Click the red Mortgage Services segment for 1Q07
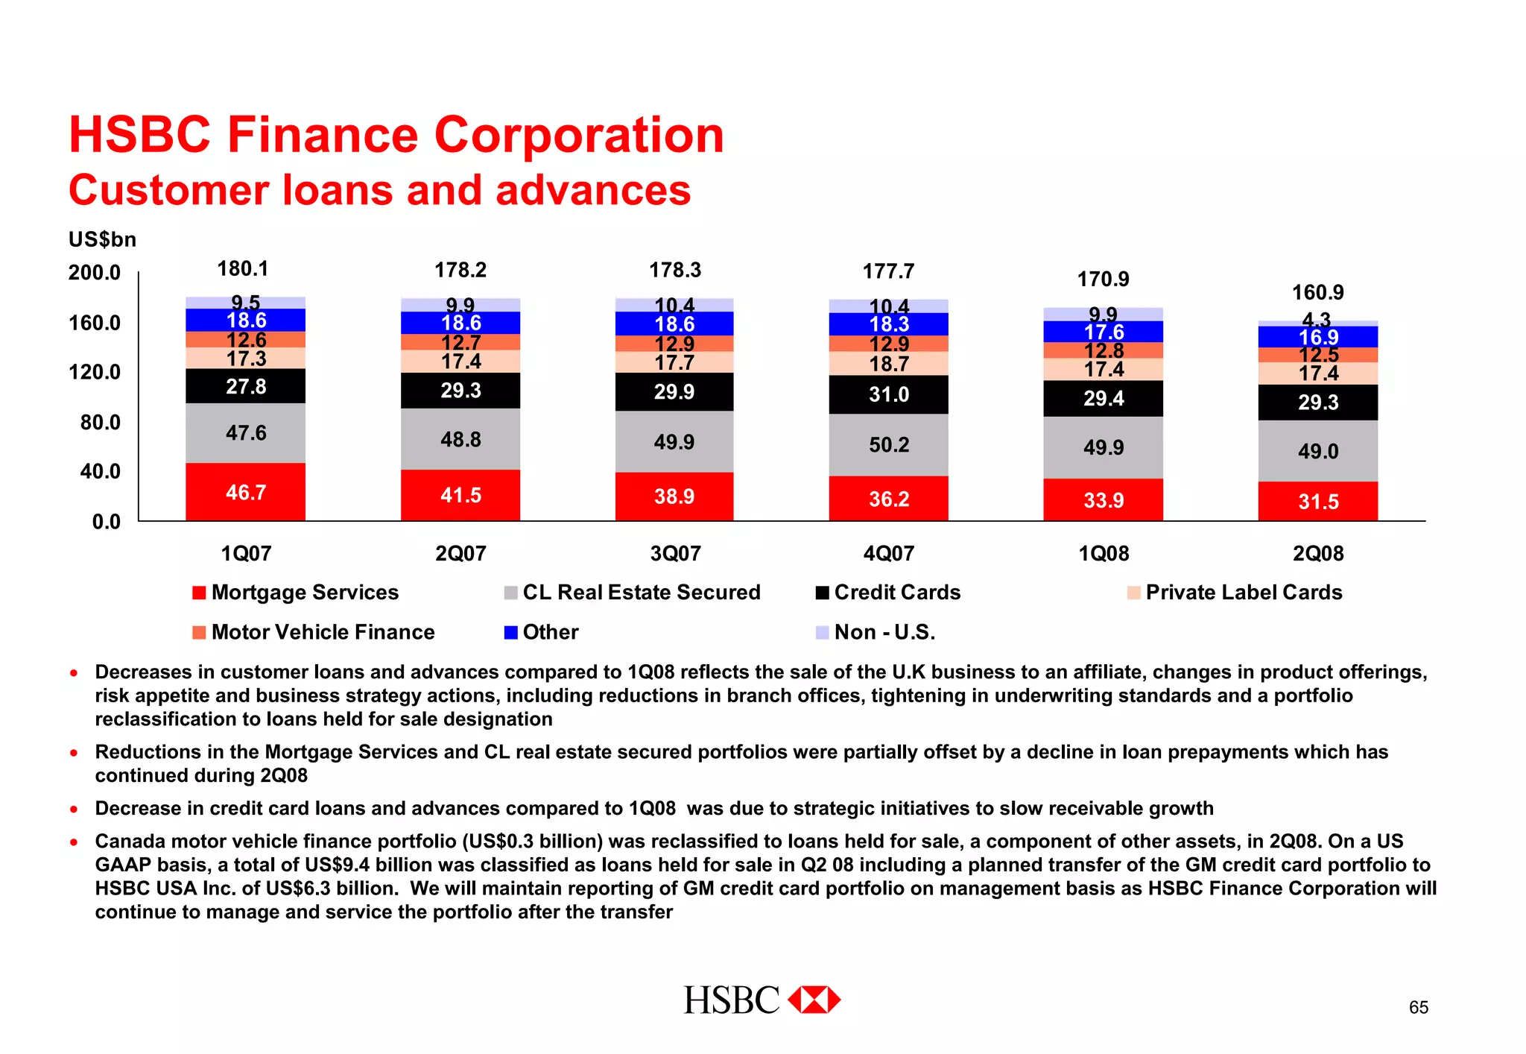click(245, 492)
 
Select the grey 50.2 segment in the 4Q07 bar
click(888, 445)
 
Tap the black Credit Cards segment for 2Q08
click(1317, 403)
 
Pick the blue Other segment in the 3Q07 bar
click(674, 324)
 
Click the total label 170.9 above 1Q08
click(1103, 280)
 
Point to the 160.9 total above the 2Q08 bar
click(1317, 292)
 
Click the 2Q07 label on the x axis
click(460, 554)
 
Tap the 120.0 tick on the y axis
click(95, 372)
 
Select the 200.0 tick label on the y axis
click(95, 273)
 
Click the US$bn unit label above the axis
click(103, 239)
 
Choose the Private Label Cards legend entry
click(1243, 593)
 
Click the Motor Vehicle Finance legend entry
click(323, 632)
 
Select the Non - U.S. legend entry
click(884, 632)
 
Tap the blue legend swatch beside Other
click(510, 633)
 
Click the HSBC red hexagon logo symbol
click(814, 1000)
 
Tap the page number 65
click(1418, 1008)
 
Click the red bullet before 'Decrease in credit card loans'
click(74, 809)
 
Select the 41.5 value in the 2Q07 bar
click(460, 496)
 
